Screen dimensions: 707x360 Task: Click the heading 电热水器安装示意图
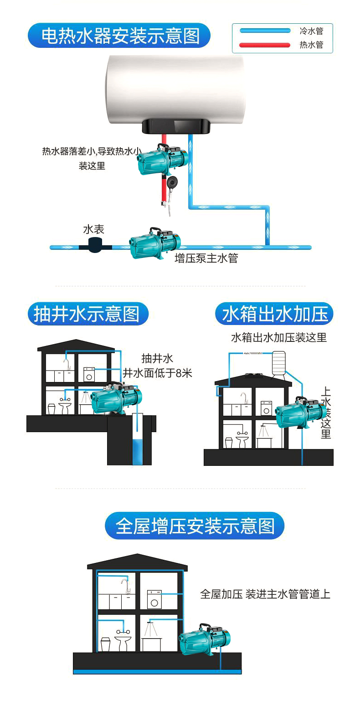coord(120,36)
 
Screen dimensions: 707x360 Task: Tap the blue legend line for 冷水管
coord(265,31)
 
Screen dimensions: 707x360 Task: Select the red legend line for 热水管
coord(265,45)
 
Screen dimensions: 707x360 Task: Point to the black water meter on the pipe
coord(95,246)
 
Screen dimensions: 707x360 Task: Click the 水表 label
coord(94,229)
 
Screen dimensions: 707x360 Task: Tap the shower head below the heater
coord(173,183)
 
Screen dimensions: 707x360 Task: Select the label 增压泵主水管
coord(206,258)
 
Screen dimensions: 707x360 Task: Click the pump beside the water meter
coord(154,243)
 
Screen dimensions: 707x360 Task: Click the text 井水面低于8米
coord(158,373)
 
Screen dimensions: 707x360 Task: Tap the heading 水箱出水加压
coord(275,314)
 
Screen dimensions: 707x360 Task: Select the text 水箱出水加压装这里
coord(279,338)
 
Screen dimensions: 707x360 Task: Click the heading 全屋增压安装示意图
coord(195,526)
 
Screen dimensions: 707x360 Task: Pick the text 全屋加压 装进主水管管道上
coord(265,594)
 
